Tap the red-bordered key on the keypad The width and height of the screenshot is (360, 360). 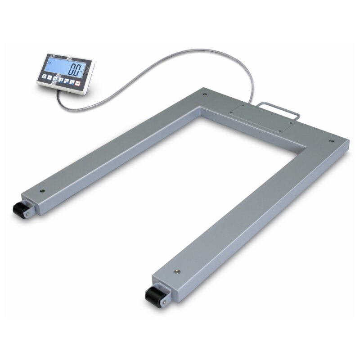tap(77, 83)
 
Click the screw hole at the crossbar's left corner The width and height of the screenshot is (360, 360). tap(205, 95)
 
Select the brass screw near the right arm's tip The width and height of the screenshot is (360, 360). tap(176, 271)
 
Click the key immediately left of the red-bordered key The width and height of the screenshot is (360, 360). tap(72, 82)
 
